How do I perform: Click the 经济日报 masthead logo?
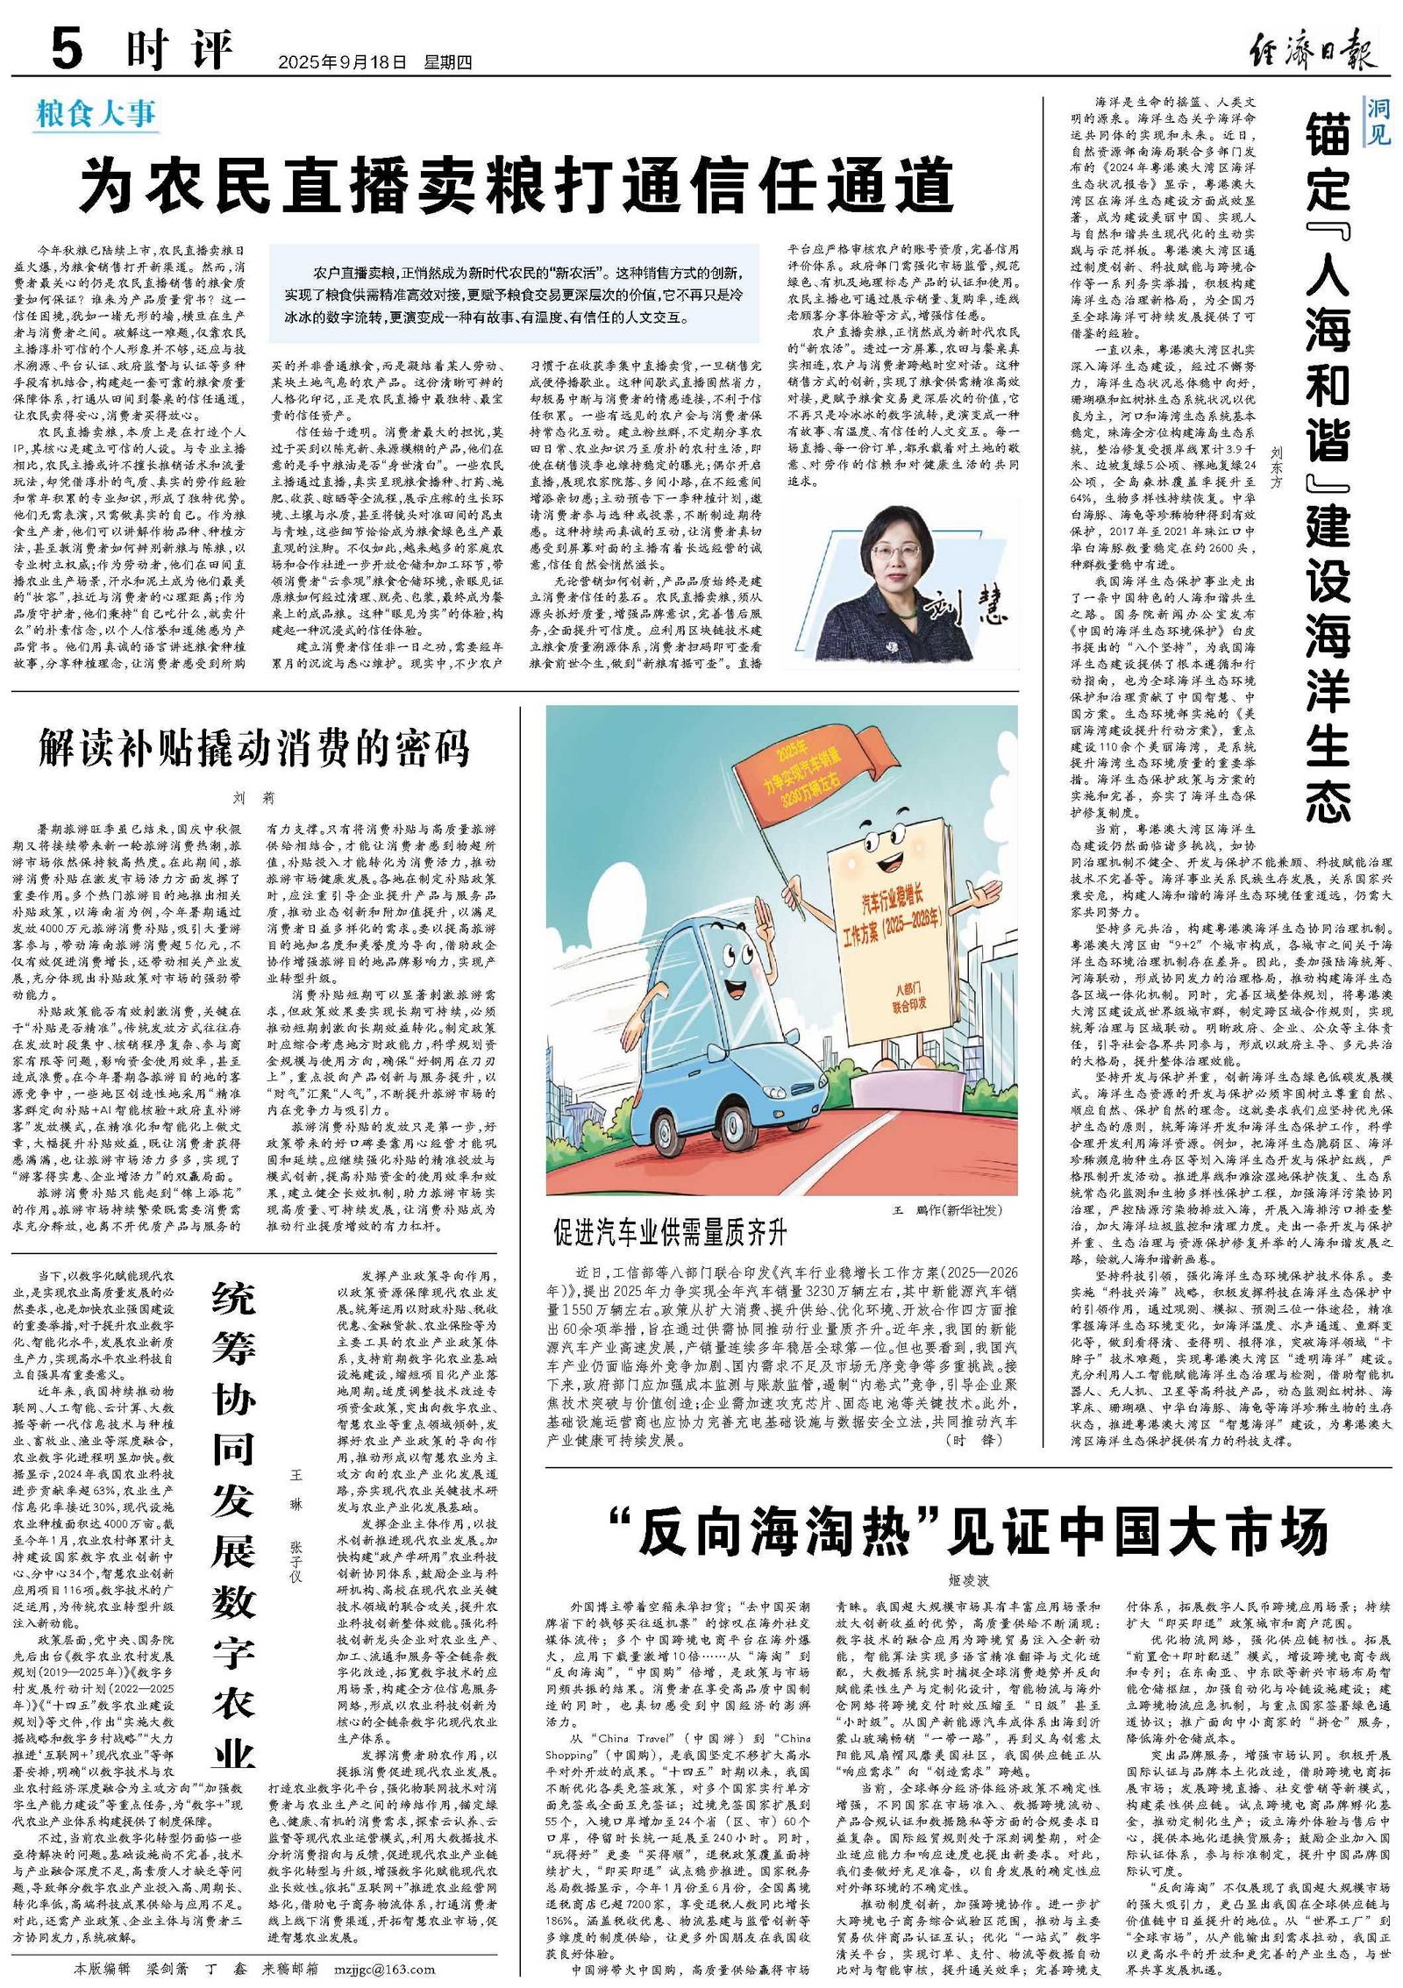1312,49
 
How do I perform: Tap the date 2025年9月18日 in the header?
343,62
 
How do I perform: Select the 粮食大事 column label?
96,115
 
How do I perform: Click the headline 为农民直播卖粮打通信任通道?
516,184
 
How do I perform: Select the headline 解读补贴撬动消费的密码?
255,746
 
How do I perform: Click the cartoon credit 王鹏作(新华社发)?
946,1210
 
